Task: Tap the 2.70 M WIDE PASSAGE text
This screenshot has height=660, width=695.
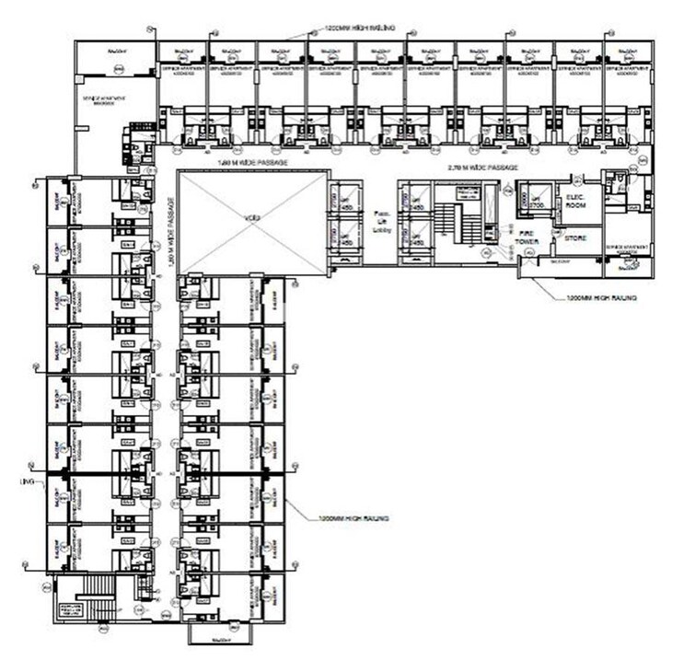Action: coord(479,168)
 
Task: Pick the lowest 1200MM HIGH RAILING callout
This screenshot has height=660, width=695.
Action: coord(353,519)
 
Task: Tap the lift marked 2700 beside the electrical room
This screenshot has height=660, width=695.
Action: coord(533,198)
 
